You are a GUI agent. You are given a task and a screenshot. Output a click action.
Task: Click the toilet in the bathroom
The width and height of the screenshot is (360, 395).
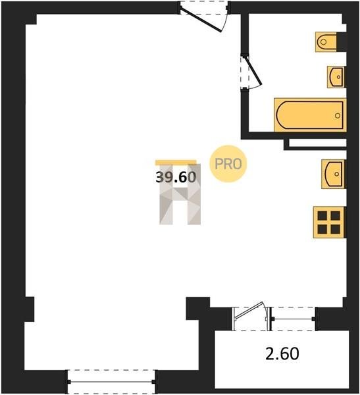[x=326, y=42]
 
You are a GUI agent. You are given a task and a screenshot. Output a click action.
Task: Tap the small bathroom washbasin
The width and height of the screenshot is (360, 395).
[x=336, y=77]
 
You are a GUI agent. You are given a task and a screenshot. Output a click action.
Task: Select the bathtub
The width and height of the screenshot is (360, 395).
[x=310, y=115]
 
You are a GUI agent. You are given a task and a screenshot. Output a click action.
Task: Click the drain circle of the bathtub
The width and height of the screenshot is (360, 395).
[x=338, y=116]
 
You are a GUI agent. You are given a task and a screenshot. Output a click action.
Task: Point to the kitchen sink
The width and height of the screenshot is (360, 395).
[x=333, y=174]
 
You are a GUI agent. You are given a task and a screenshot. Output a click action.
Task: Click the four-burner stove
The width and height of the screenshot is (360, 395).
[x=329, y=223]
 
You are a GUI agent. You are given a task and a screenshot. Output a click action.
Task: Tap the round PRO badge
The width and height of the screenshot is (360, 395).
[x=228, y=164]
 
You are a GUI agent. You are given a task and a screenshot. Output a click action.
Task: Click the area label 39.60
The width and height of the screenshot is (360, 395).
[x=176, y=177]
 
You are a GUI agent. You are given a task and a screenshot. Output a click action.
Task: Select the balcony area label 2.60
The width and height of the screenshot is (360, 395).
[x=282, y=353]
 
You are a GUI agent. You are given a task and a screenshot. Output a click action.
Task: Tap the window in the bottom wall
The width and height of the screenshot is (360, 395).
[x=111, y=382]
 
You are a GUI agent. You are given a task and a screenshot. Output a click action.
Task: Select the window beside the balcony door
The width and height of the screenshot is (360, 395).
[x=293, y=319]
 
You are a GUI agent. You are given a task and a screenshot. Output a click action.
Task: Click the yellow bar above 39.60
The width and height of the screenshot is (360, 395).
[x=176, y=163]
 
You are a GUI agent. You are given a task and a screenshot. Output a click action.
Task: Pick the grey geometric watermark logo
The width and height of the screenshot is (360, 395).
[x=180, y=194]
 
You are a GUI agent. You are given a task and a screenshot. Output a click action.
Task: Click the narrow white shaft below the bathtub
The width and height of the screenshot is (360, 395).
[x=317, y=143]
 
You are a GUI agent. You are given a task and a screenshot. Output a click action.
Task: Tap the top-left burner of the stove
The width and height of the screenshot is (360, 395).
[x=322, y=216]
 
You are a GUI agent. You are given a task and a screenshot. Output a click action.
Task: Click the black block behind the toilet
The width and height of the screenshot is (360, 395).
[x=342, y=42]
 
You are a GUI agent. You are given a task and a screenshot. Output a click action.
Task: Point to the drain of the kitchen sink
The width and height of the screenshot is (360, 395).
[x=336, y=174]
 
